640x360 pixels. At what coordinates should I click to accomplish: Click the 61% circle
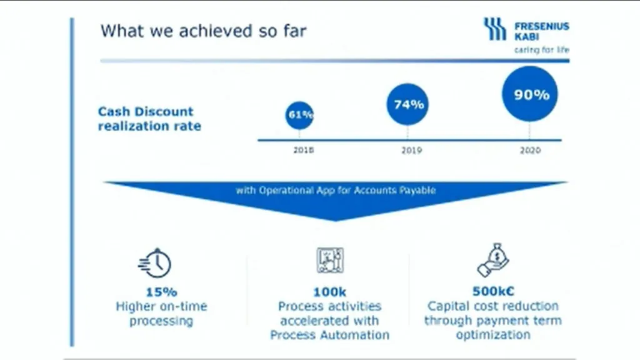(299, 115)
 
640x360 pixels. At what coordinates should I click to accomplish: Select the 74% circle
(407, 104)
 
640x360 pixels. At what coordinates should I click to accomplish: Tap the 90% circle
(530, 94)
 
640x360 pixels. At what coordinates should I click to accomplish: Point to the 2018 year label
(304, 150)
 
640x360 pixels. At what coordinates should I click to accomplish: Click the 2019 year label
(411, 150)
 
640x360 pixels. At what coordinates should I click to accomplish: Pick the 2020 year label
(530, 150)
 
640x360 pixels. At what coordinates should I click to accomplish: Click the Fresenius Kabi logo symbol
(495, 29)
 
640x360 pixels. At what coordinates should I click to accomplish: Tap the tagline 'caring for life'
(542, 50)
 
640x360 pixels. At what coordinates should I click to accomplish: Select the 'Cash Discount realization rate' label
(149, 119)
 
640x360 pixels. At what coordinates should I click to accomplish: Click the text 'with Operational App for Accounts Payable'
(336, 190)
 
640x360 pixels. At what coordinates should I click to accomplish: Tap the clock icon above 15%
(155, 263)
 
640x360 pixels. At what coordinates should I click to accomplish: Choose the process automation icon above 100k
(330, 260)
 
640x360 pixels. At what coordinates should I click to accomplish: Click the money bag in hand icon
(493, 260)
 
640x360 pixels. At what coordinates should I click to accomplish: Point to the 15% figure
(162, 292)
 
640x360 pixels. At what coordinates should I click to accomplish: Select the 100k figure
(330, 292)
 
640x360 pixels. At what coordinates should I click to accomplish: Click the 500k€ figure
(493, 291)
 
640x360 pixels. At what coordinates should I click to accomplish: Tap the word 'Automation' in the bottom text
(355, 335)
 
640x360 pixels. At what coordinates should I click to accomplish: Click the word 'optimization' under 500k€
(493, 335)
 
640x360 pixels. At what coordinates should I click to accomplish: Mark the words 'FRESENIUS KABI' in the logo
(542, 31)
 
